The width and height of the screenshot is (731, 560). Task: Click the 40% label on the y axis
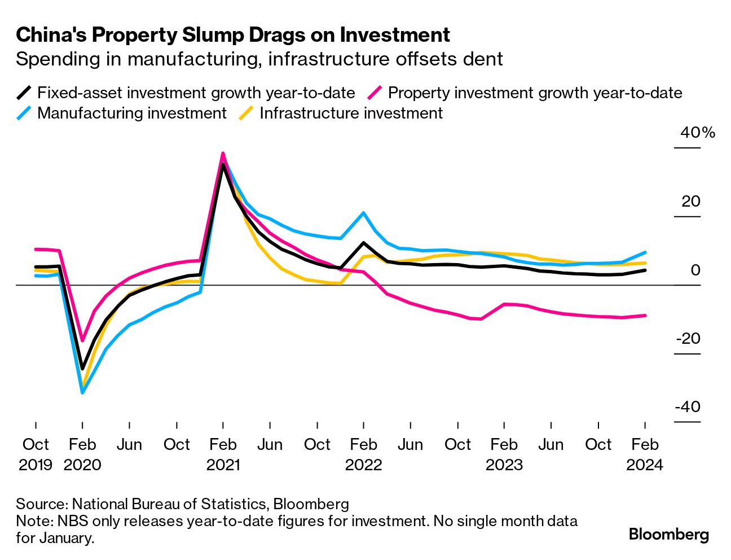pos(698,133)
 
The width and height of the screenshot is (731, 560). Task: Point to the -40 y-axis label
pos(688,407)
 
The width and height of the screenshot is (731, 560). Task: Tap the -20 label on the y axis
pos(688,339)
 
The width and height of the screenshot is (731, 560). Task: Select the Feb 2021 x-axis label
pos(223,454)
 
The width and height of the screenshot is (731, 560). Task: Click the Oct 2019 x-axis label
pos(36,454)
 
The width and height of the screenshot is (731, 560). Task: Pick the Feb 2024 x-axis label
pos(645,454)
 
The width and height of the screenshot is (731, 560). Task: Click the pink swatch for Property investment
pos(375,93)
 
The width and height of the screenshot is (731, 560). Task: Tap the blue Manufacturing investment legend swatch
pos(24,113)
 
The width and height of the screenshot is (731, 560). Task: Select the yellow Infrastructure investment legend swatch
pos(246,113)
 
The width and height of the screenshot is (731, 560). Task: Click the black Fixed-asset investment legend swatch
pos(24,93)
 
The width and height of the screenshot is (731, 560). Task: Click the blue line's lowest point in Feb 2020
pos(82,392)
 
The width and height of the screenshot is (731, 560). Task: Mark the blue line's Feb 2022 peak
pos(363,213)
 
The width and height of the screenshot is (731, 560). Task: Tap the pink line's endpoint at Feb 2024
pos(645,316)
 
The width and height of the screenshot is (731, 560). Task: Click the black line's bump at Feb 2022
pos(363,243)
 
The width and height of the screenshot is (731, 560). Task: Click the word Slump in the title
pos(211,35)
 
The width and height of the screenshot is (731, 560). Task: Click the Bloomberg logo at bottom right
pos(668,534)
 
